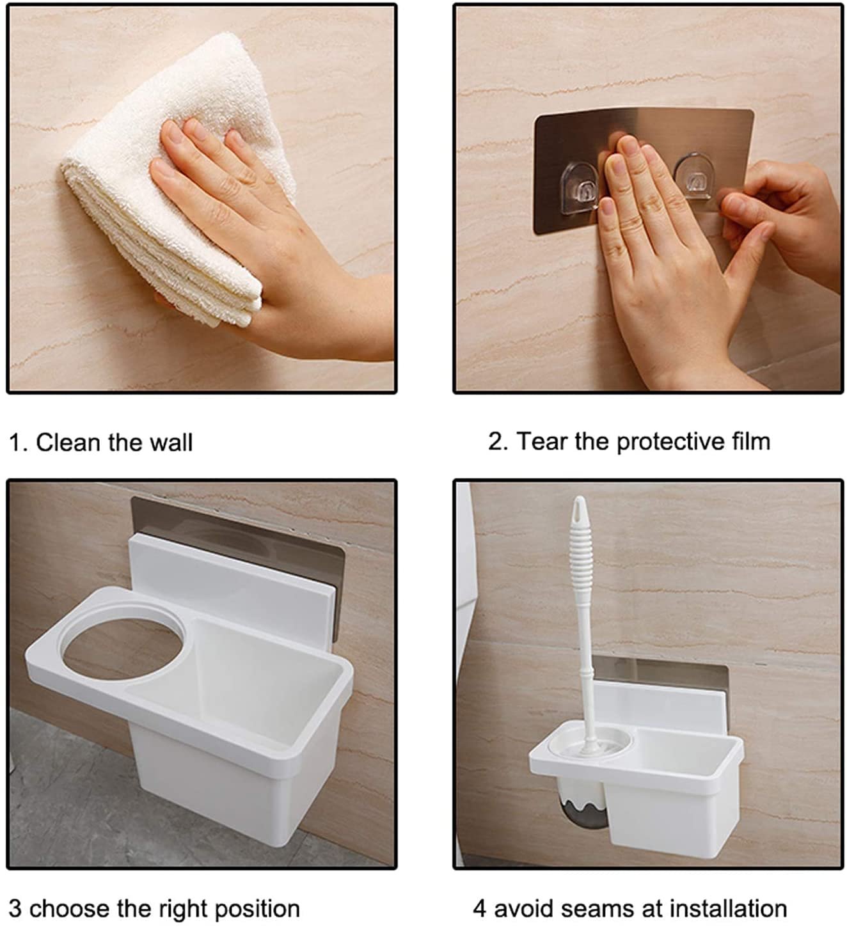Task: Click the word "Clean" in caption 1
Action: [x=68, y=443]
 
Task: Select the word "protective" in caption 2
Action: [x=670, y=442]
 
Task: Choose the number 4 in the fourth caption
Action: [x=480, y=909]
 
